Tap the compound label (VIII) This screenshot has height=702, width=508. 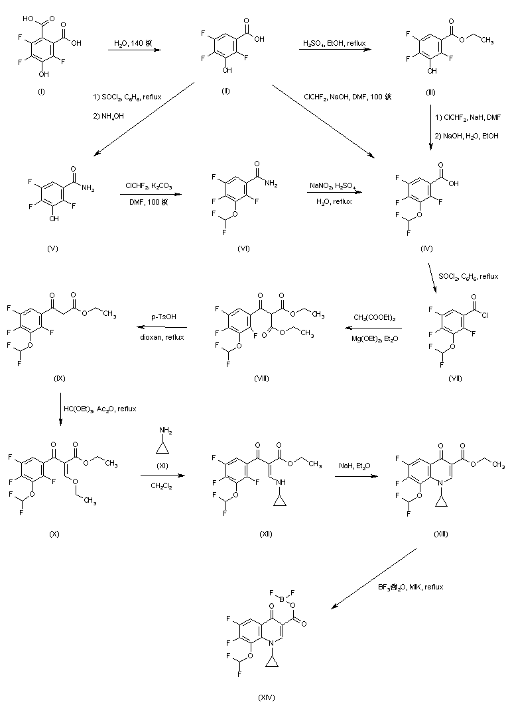(x=261, y=377)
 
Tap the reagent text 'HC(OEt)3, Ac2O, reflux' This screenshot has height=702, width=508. (x=100, y=409)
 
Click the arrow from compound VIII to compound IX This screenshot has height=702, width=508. (x=164, y=327)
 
